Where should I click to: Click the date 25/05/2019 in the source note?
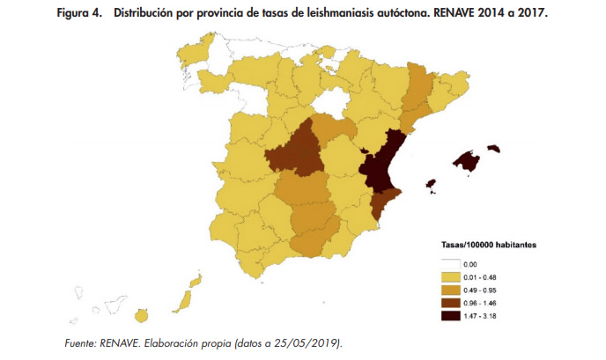pyautogui.click(x=312, y=342)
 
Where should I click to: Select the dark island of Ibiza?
pyautogui.click(x=432, y=184)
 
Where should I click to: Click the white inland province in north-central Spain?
pyautogui.click(x=330, y=106)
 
